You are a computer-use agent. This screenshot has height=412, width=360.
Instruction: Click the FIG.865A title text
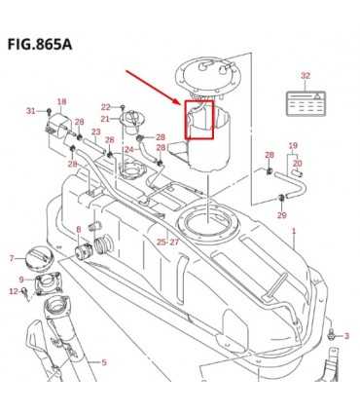(x=40, y=45)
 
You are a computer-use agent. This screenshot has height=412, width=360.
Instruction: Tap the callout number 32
(x=306, y=76)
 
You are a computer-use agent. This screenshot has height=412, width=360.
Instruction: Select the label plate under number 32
(x=306, y=103)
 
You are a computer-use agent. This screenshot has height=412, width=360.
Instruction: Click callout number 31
(x=31, y=111)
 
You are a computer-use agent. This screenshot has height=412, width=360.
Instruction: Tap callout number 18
(x=61, y=101)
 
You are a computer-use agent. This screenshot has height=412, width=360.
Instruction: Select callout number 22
(x=106, y=107)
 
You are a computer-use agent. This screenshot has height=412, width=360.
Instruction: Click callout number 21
(x=105, y=120)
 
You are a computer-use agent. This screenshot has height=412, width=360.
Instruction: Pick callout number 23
(x=95, y=132)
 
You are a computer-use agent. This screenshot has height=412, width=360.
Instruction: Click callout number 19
(x=293, y=145)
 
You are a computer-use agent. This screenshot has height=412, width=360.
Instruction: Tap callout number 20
(x=298, y=164)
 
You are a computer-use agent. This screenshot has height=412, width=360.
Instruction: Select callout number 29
(x=282, y=214)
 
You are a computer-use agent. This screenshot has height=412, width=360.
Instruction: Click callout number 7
(x=12, y=258)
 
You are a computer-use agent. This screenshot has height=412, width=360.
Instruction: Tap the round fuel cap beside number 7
(x=39, y=258)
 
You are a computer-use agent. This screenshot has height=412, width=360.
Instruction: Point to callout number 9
(x=21, y=280)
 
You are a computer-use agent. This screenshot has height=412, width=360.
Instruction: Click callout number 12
(x=14, y=291)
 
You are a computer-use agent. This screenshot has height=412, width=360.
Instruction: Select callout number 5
(x=104, y=362)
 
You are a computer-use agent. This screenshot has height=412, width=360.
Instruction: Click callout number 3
(x=346, y=336)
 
